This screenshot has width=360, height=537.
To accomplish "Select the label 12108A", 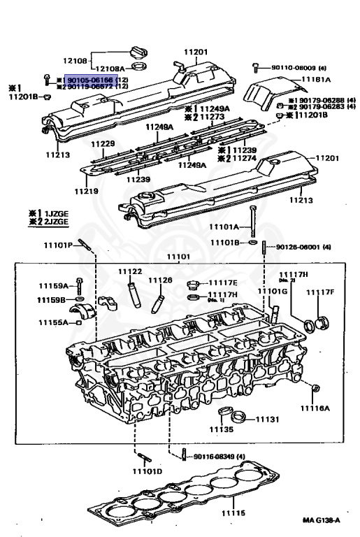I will [110, 69].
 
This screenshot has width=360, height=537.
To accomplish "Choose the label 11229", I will [102, 143].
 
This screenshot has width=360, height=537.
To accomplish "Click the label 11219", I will [83, 191].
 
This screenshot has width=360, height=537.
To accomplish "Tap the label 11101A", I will [224, 227].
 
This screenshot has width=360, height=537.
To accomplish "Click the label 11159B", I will [51, 300].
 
